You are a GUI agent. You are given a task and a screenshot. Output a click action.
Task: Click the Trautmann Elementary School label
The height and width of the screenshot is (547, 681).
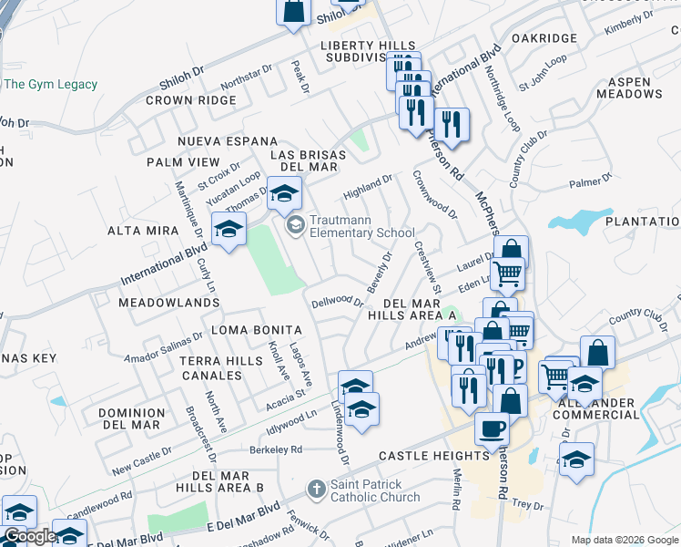tap(362, 226)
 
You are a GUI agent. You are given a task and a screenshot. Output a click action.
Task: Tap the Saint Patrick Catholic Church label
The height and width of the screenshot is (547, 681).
tap(375, 490)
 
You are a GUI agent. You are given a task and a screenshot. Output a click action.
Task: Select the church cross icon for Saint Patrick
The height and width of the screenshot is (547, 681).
tap(316, 490)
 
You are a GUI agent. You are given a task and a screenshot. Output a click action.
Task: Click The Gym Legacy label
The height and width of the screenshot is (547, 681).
tap(50, 85)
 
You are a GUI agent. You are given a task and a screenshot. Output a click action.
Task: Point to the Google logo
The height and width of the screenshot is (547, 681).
tap(29, 535)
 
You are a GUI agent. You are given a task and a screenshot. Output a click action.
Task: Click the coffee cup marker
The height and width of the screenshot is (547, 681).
tap(493, 428)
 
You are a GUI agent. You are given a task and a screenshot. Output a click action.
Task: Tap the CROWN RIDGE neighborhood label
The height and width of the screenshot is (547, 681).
tap(190, 100)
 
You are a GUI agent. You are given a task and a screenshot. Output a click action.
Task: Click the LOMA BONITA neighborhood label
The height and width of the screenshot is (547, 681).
tap(256, 329)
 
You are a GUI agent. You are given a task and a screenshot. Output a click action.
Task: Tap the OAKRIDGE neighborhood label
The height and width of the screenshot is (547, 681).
tap(544, 38)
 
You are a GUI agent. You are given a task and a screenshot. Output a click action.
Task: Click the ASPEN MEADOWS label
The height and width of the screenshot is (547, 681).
tap(629, 88)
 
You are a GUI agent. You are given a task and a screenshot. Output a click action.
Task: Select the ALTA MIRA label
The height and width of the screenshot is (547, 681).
tap(143, 231)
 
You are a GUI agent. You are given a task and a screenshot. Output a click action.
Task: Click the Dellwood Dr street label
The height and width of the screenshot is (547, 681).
tap(337, 301)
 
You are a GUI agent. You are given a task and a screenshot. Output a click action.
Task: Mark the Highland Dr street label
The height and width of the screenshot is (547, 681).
tap(367, 188)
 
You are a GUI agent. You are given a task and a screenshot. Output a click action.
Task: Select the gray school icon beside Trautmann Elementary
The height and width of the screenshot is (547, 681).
tap(295, 224)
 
